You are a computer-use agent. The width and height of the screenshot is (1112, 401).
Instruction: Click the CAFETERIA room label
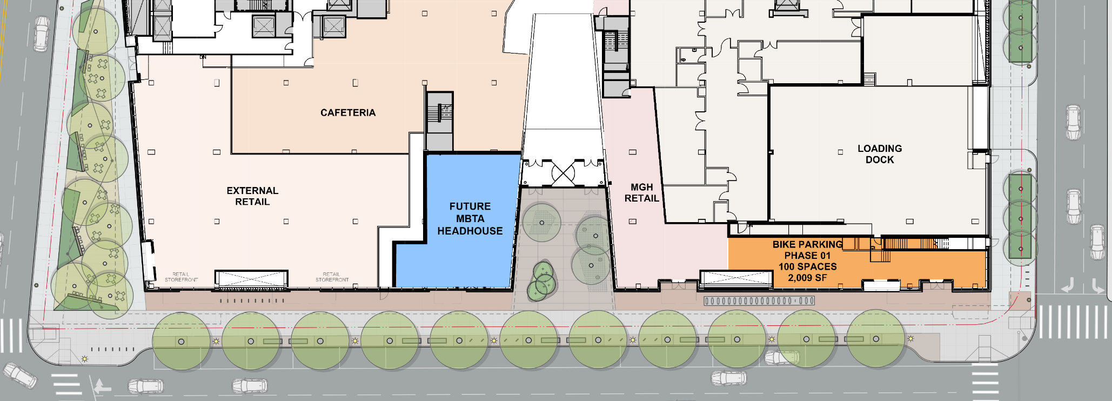coord(347,113)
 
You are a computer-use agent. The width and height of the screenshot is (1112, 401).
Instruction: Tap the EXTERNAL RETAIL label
coord(252,196)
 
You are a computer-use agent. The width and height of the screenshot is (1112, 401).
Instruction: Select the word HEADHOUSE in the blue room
coord(470,231)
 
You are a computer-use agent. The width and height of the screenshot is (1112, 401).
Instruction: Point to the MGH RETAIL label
coord(641,193)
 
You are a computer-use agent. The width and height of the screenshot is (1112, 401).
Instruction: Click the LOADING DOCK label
coord(879,154)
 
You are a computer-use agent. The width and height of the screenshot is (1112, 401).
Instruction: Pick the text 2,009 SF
coord(807,278)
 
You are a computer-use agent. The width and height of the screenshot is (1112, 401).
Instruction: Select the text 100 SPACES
coord(807,267)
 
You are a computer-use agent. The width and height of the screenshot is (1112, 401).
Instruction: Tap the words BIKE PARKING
coord(807,245)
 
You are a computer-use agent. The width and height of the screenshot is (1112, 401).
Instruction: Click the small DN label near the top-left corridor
coord(203,57)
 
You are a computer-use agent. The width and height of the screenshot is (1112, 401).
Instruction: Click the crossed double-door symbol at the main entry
coord(562,174)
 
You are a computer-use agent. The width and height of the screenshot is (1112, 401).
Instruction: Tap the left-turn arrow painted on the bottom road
coord(101,386)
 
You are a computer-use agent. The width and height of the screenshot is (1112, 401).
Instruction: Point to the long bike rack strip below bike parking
coord(759,301)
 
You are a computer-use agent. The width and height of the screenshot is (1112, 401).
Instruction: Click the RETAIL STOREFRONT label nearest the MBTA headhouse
coord(332,277)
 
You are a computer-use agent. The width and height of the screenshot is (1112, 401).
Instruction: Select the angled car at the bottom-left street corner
coord(20,375)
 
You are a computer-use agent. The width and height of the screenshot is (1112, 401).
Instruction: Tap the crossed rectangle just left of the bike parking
coord(736,279)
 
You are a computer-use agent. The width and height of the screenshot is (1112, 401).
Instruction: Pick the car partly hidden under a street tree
coord(781,357)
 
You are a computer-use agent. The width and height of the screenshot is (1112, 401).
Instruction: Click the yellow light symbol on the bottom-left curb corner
coord(84,359)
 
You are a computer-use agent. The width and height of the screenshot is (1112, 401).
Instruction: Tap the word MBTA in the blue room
coord(470,219)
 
